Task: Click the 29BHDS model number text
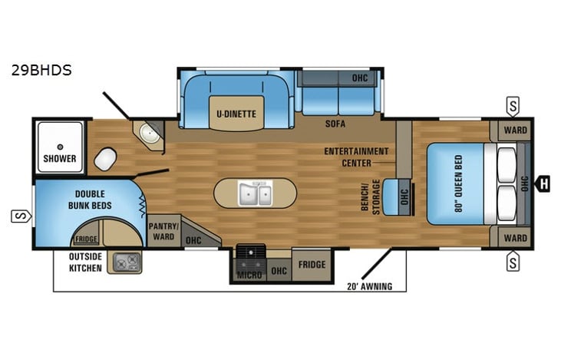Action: point(41,70)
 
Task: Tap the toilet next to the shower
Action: point(104,158)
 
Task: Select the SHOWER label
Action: point(59,159)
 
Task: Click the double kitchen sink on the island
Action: point(254,193)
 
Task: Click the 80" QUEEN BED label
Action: point(459,184)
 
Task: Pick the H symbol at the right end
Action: point(544,183)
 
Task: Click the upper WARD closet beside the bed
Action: point(515,130)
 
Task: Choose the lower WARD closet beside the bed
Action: point(515,238)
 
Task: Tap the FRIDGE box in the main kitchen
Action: point(312,265)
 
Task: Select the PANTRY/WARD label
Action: point(163,230)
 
